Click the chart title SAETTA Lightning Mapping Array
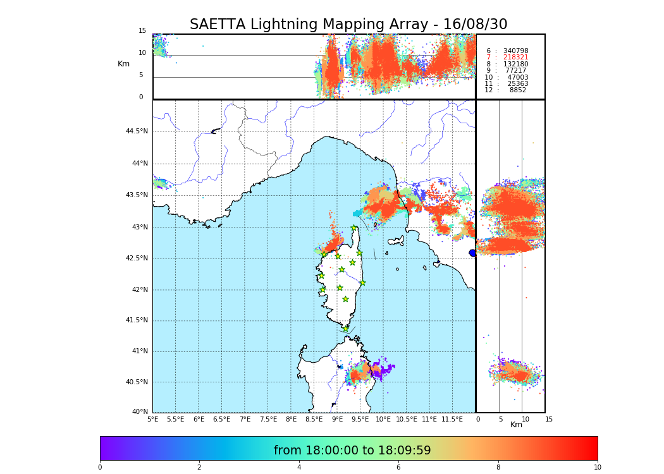348,25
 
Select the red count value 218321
515,58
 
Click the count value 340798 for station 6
515,51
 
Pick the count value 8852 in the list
517,90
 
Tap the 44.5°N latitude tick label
137,131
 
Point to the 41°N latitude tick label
139,351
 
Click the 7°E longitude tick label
245,419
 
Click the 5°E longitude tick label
153,419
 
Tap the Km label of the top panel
123,64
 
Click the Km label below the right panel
516,425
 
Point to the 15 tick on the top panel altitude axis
142,31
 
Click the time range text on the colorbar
352,451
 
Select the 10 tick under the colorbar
597,467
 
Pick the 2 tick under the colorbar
199,467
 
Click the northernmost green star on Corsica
354,228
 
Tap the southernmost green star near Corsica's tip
346,329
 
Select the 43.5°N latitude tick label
137,195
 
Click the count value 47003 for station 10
517,77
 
